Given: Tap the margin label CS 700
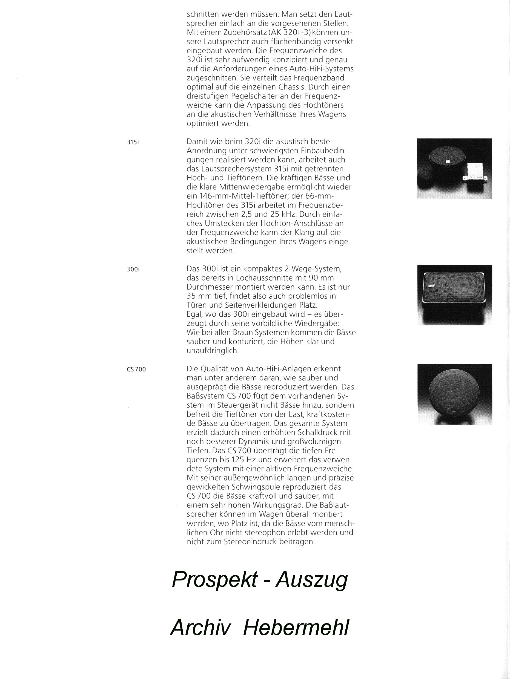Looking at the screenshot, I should [136, 369].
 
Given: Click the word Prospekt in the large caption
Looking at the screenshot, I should [215, 580].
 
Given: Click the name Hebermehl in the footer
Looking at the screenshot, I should [296, 628].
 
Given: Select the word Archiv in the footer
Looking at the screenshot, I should [200, 628].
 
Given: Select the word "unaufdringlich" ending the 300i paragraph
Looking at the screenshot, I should [212, 351].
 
